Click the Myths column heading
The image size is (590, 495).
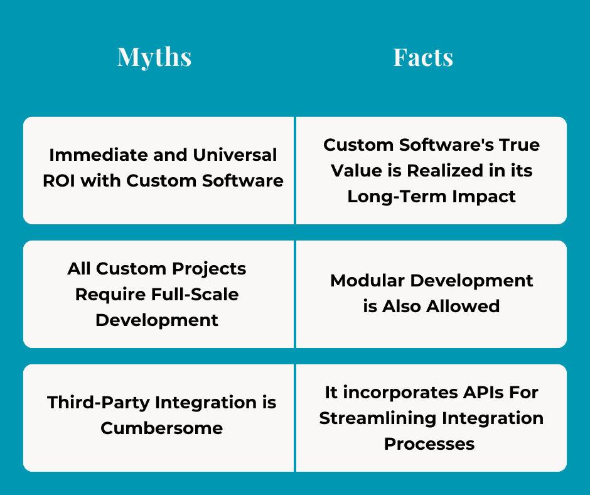(154, 57)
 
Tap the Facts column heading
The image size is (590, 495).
(423, 57)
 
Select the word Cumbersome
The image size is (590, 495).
(162, 428)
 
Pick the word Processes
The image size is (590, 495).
(429, 443)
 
